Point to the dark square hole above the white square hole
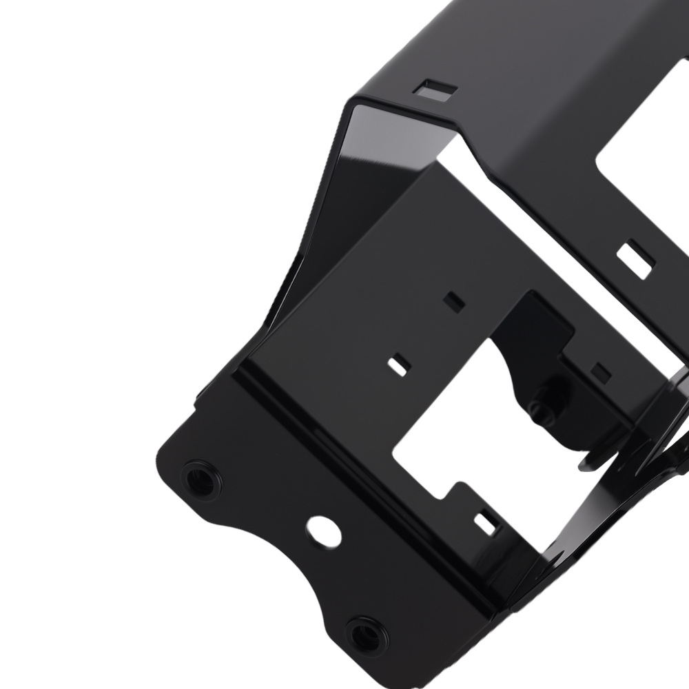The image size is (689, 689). pos(453,300)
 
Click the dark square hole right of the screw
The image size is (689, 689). pos(601,373)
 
